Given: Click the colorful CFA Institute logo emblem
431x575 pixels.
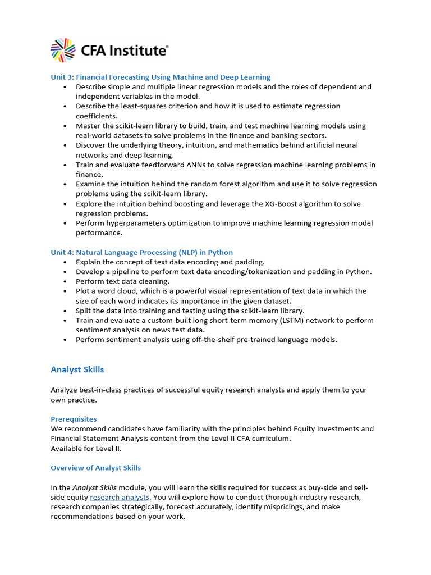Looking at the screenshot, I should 63,50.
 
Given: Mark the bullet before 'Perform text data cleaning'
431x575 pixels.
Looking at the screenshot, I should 65,281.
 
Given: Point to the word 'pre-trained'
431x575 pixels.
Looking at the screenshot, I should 251,340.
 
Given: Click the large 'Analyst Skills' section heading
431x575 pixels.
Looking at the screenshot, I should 77,369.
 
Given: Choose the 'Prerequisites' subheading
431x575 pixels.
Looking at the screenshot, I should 74,419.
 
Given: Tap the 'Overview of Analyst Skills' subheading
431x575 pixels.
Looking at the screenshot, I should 95,468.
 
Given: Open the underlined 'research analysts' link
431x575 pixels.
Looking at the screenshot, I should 120,497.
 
